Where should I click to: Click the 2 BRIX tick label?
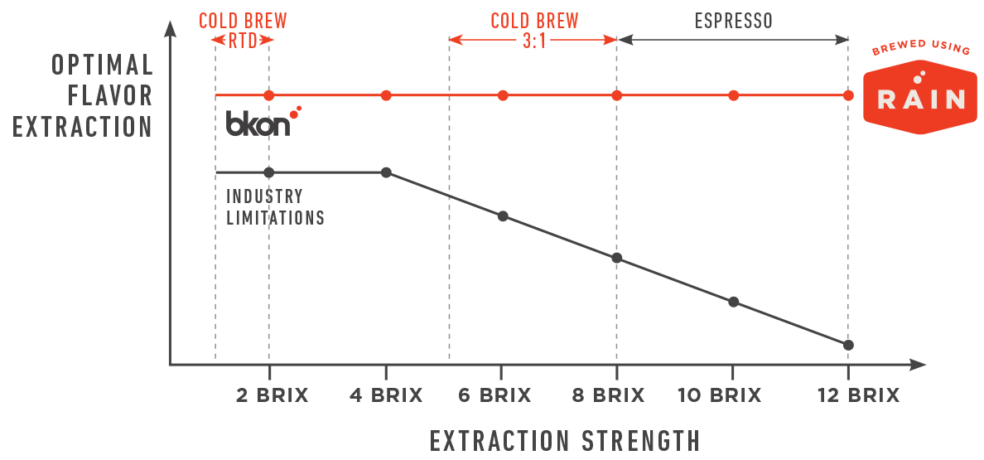pos(272,395)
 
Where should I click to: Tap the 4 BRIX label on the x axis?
pos(386,395)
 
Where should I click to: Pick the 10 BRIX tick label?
pos(720,395)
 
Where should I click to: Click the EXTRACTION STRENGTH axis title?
pos(565,440)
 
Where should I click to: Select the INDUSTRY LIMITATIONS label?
pos(275,207)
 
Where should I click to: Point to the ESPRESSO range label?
pos(733,21)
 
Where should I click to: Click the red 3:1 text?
pos(534,40)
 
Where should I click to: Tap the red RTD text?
pos(241,40)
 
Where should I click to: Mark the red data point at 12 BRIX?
pos(848,95)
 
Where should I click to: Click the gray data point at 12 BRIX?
pos(848,345)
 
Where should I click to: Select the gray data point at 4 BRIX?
pos(386,172)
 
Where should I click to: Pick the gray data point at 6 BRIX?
pos(503,216)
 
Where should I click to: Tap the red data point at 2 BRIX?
pos(268,95)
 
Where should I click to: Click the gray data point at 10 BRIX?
pos(733,302)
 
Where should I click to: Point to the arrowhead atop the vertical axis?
pos(170,27)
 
